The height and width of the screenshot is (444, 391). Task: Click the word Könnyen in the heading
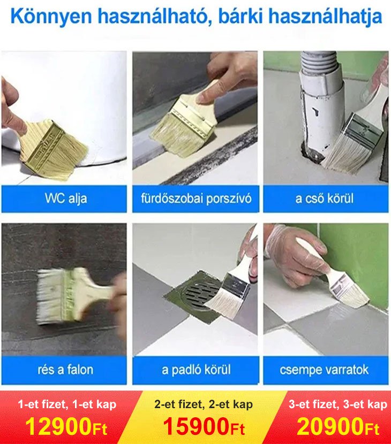[51, 17]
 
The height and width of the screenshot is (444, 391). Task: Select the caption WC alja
[65, 199]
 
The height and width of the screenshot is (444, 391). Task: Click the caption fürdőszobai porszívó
[195, 199]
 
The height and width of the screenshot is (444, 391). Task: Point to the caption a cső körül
[325, 199]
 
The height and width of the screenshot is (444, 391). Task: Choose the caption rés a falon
[65, 370]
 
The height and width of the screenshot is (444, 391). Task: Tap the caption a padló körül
[196, 370]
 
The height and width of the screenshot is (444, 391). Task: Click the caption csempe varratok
[325, 370]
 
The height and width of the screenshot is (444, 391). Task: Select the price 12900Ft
[66, 427]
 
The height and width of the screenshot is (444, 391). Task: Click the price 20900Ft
[338, 427]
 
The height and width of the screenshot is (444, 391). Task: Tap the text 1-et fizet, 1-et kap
[67, 405]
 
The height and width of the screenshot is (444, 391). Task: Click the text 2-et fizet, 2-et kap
[204, 405]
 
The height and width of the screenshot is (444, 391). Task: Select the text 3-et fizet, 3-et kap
[337, 405]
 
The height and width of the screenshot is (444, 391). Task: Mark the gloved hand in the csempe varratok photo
[292, 251]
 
